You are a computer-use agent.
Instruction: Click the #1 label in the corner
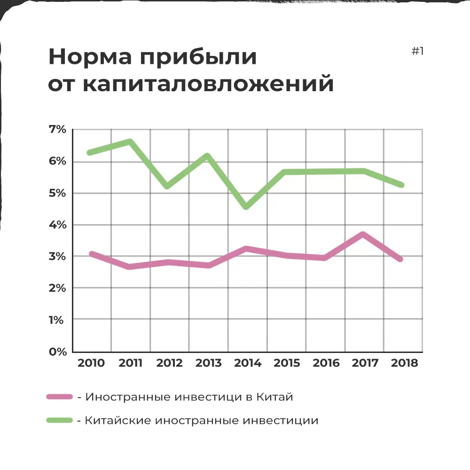pyautogui.click(x=417, y=51)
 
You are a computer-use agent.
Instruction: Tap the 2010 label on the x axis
pyautogui.click(x=91, y=363)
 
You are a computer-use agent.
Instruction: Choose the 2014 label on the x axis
pyautogui.click(x=247, y=363)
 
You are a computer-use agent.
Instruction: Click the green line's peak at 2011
pyautogui.click(x=130, y=141)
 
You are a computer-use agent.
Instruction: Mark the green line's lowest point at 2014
pyautogui.click(x=246, y=206)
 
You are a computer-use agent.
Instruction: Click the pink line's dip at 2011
pyautogui.click(x=130, y=266)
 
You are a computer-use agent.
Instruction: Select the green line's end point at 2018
pyautogui.click(x=401, y=185)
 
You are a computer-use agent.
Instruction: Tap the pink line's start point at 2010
pyautogui.click(x=92, y=254)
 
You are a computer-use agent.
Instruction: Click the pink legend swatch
pyautogui.click(x=60, y=397)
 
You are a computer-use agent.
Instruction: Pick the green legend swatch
pyautogui.click(x=60, y=420)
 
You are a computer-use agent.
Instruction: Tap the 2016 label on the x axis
pyautogui.click(x=326, y=363)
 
